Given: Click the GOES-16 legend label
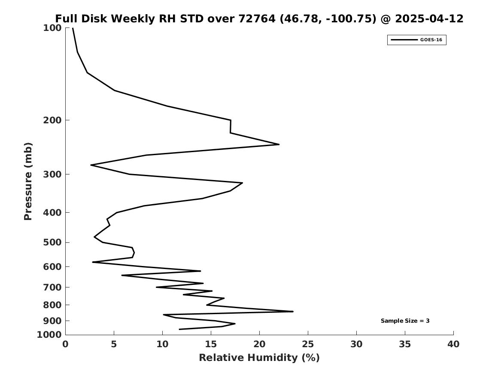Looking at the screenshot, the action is [431, 40].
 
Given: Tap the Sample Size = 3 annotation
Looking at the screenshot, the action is [405, 321].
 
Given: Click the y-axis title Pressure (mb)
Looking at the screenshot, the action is [28, 181].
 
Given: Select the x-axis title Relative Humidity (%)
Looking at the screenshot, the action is [259, 358].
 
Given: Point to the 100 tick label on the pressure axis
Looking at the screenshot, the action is [52, 28].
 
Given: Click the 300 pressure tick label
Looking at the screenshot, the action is [52, 174].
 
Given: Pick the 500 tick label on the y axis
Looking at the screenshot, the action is [52, 242].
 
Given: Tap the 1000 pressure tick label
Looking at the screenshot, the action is [49, 334].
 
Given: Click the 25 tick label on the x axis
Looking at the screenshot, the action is [308, 344].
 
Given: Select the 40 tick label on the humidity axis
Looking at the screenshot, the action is [453, 344].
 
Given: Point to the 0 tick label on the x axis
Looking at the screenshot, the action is [66, 344].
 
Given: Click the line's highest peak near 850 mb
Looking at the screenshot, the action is [293, 312].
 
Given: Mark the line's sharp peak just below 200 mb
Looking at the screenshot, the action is [279, 144].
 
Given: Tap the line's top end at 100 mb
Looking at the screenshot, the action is [73, 28].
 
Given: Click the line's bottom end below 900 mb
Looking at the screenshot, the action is [179, 329].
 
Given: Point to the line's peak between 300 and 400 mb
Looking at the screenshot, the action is [242, 183].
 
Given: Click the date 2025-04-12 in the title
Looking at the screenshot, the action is [429, 18].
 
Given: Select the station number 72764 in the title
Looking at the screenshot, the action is [257, 18].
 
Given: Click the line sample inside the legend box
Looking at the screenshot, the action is [404, 40].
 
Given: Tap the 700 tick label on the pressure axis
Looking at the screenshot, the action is [52, 287].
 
